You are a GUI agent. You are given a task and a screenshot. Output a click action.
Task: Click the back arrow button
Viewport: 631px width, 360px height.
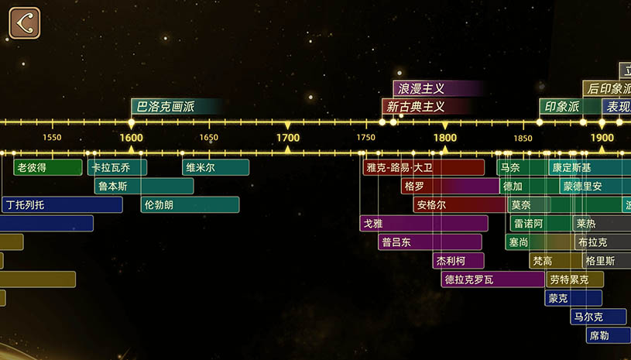(x=25, y=22)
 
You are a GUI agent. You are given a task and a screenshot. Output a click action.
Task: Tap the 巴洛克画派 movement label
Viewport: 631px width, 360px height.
(x=166, y=106)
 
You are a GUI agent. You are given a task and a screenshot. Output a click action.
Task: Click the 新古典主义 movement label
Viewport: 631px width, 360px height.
(x=416, y=106)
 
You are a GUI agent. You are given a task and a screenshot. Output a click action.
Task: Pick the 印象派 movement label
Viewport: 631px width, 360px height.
(x=562, y=106)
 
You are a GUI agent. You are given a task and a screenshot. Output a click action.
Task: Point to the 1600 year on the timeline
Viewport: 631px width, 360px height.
(x=131, y=138)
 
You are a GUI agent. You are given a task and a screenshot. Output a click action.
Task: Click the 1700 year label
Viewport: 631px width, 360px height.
(x=288, y=138)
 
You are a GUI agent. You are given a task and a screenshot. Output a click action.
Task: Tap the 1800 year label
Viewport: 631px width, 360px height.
(x=444, y=138)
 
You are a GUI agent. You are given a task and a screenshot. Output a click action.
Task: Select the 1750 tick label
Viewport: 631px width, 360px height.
(x=366, y=138)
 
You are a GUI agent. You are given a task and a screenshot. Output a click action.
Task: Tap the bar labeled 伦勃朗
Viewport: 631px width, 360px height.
(x=190, y=204)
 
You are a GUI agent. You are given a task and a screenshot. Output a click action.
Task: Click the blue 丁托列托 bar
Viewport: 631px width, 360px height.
(x=61, y=204)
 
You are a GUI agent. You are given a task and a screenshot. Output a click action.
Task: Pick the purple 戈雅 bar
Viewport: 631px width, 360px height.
(x=424, y=223)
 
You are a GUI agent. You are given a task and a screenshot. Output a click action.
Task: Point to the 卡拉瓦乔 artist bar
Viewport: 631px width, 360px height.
(x=117, y=167)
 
